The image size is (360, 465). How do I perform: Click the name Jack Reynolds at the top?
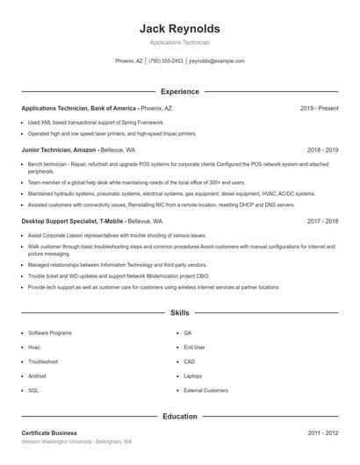pos(179,28)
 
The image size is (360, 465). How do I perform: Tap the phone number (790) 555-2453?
pos(166,61)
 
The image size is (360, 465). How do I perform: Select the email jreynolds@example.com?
pos(217,61)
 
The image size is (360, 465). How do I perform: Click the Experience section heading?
pos(179,91)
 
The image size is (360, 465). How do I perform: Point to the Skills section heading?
pos(179,312)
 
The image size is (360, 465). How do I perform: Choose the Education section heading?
pos(179,417)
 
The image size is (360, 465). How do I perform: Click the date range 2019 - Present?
pos(319,108)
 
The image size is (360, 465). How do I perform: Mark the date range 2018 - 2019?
pos(322,150)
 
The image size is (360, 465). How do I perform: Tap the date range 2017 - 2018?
pos(322,221)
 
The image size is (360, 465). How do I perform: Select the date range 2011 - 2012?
pos(322,433)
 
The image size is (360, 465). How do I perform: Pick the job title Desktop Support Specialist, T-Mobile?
pos(73,221)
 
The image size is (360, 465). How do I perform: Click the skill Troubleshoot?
pos(43,361)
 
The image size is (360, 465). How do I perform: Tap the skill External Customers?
pos(205,390)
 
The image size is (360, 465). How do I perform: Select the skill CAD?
pos(189,361)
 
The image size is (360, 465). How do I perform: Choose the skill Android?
pos(39,376)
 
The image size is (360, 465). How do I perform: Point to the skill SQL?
pos(33,390)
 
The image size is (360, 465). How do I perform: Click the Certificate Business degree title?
pos(49,433)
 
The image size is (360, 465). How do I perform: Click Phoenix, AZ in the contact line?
pos(129,61)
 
